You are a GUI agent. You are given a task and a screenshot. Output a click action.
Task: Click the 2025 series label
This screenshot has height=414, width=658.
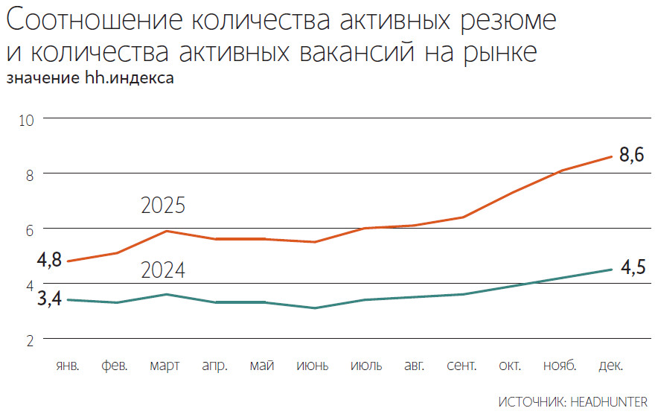pos(163,206)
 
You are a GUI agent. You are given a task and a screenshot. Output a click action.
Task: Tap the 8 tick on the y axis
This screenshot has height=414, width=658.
pos(31,174)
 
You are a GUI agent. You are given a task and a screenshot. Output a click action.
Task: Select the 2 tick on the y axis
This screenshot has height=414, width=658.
pos(31,340)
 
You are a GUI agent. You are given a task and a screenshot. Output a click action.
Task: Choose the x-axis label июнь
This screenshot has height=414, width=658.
pos(312,366)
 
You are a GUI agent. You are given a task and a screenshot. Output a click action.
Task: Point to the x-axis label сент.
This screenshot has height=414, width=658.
pos(462,366)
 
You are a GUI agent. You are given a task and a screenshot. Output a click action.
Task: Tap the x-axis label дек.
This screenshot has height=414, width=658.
pos(611,366)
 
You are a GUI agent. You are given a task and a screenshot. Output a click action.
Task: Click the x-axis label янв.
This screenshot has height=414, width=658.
pos(68,366)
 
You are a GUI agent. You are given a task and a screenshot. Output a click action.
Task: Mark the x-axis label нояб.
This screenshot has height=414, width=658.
pos(562,366)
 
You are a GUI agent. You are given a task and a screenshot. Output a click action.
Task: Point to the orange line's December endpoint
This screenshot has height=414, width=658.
pos(611,156)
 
